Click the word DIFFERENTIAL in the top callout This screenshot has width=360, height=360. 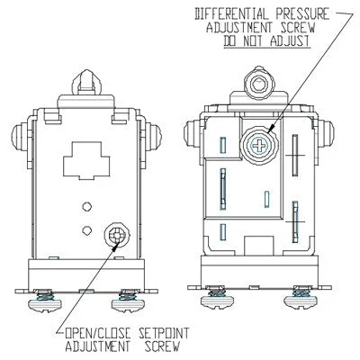[x=232, y=13]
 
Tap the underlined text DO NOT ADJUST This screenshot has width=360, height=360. [x=266, y=40]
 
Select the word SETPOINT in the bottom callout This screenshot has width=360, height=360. [x=164, y=333]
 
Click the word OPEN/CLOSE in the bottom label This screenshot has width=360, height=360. [x=98, y=333]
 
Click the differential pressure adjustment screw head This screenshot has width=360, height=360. [x=259, y=146]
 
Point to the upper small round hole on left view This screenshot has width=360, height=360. [x=86, y=206]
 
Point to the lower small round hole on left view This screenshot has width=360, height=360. [x=86, y=230]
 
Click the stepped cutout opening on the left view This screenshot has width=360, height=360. [x=86, y=160]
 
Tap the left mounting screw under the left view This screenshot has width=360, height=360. [x=45, y=301]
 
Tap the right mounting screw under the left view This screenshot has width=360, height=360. [x=129, y=301]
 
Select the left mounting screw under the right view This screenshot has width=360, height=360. [x=217, y=298]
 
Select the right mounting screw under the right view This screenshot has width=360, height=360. [x=301, y=298]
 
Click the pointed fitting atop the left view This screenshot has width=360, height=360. [x=86, y=82]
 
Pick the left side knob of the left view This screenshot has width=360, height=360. [x=20, y=137]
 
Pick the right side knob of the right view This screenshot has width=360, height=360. [x=326, y=134]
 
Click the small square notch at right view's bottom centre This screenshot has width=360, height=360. [x=258, y=246]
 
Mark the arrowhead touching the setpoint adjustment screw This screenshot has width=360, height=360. [x=115, y=247]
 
